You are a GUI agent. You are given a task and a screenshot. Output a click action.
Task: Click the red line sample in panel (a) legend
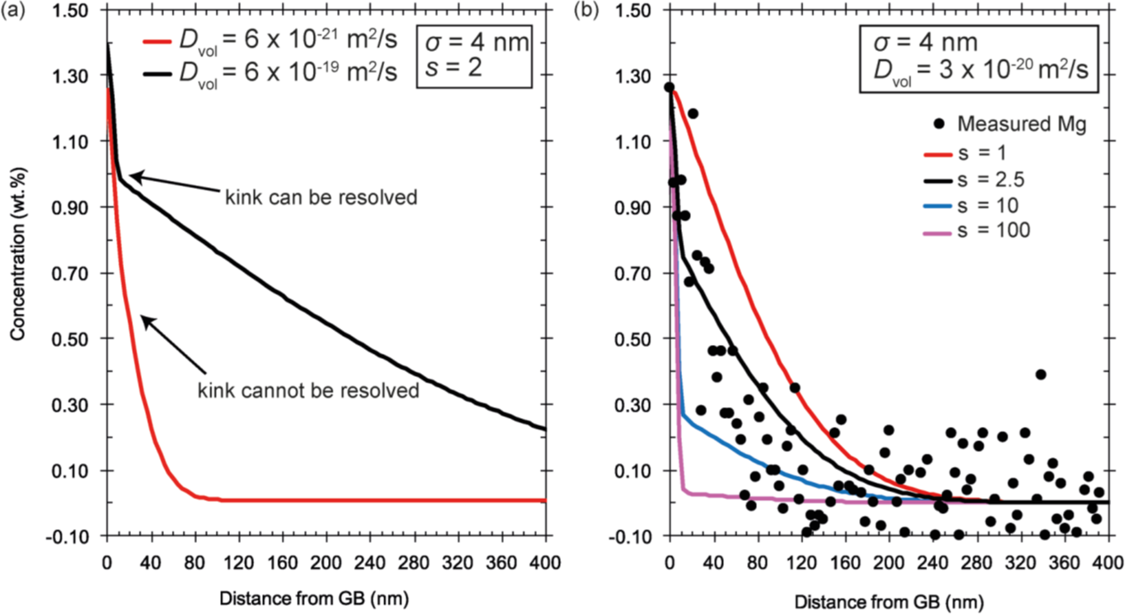156,43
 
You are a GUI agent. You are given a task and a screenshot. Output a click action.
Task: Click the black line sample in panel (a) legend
156,74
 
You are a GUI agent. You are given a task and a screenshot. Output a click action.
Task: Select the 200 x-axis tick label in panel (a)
325,561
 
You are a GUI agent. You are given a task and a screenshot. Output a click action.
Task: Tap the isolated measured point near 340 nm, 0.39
1040,374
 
